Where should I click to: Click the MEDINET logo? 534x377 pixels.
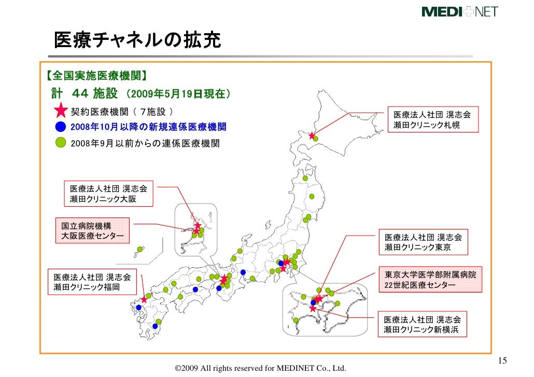click(459, 11)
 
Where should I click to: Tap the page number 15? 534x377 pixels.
click(502, 361)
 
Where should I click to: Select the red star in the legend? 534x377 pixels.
click(61, 112)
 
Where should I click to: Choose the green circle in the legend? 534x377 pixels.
click(61, 142)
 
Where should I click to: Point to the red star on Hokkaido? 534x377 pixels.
click(312, 136)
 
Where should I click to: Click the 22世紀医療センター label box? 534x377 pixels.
click(430, 280)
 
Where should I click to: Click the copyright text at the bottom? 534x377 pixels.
click(260, 368)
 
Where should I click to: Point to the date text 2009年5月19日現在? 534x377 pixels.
click(176, 95)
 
